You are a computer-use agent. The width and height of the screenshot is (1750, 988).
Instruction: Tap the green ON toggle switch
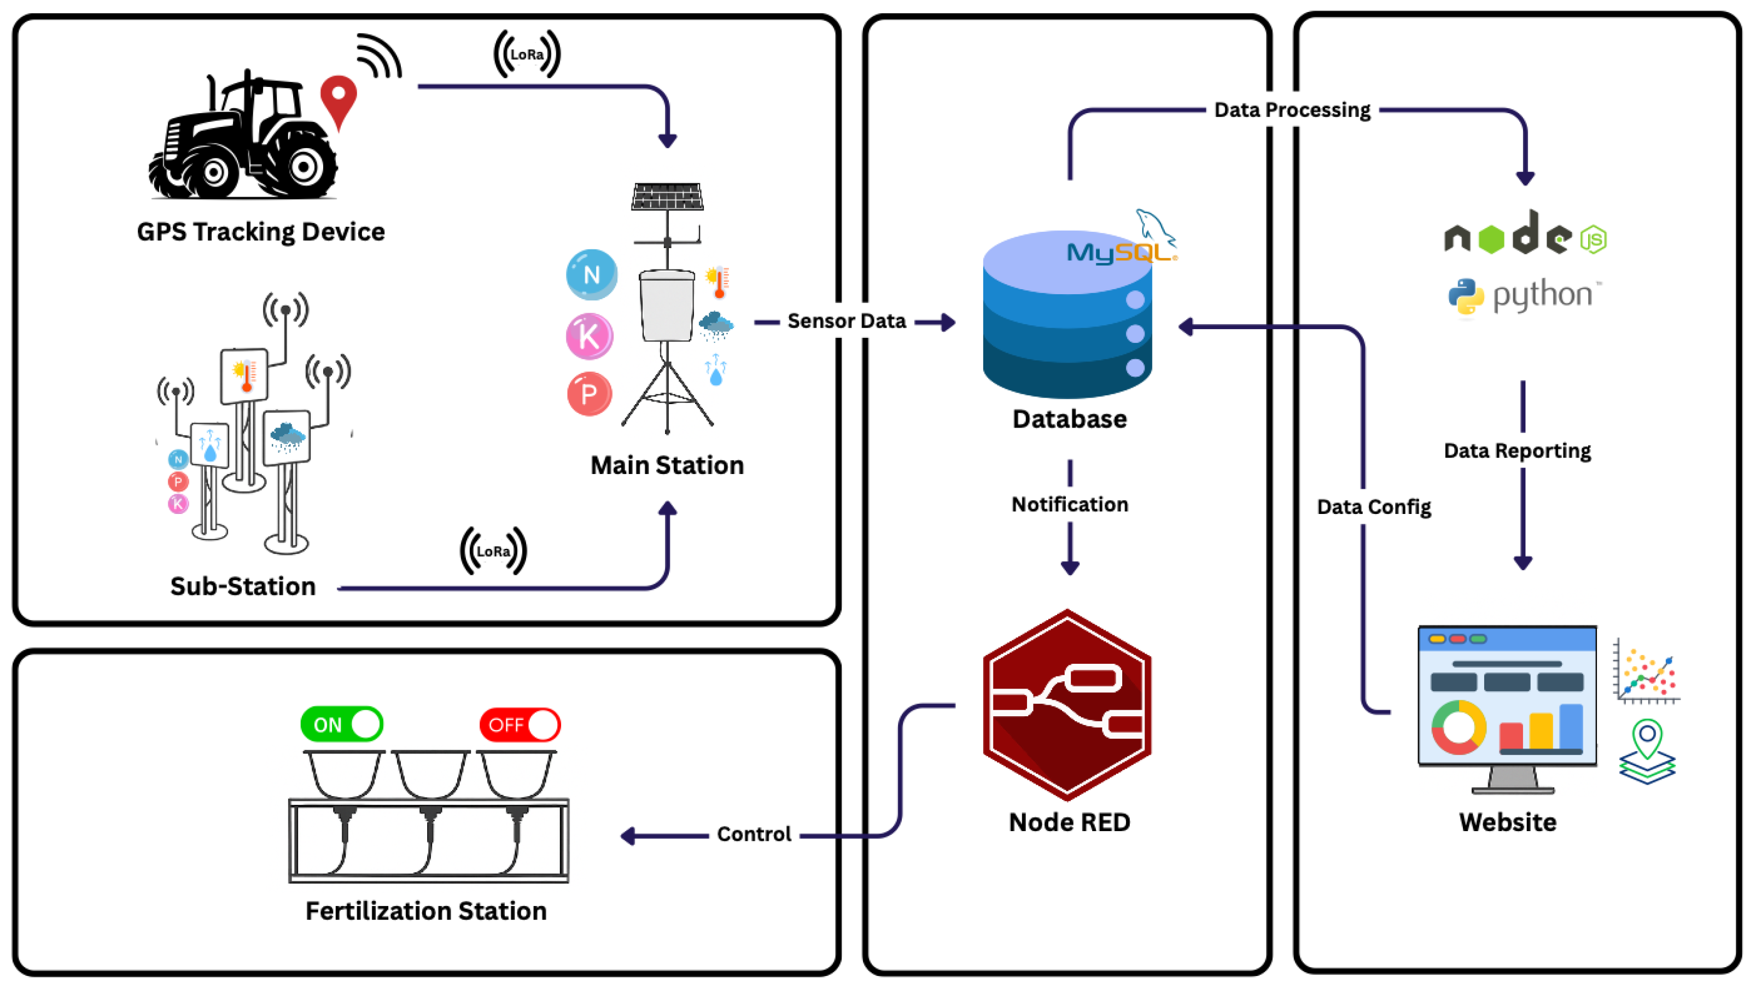pos(342,724)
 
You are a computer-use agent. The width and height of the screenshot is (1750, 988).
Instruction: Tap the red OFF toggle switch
pos(520,724)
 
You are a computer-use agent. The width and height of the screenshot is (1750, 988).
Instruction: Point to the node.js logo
pos(1525,234)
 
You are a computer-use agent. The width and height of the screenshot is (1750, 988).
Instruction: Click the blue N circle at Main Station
pos(592,274)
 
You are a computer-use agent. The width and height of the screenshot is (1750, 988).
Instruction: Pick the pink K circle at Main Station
pos(589,336)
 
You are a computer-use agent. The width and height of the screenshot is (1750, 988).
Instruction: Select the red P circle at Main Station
pos(589,393)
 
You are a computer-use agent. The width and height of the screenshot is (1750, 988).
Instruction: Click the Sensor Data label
pos(847,320)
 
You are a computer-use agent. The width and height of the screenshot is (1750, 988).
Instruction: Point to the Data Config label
pos(1374,506)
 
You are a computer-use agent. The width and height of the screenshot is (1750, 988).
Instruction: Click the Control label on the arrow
pos(754,834)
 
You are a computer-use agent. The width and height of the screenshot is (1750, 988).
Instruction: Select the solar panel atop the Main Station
pos(667,197)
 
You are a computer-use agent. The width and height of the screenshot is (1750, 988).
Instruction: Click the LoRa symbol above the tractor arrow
pos(527,54)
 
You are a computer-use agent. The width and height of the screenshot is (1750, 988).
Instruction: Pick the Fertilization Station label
pos(426,910)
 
